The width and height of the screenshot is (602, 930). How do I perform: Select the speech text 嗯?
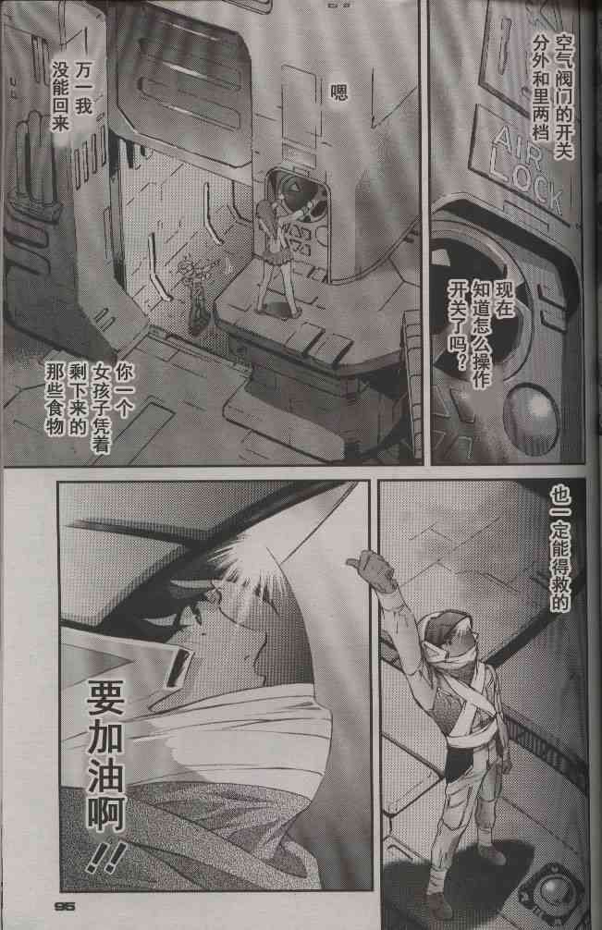339,92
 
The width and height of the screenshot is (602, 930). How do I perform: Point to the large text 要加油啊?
105,755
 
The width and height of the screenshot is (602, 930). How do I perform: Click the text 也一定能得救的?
559,548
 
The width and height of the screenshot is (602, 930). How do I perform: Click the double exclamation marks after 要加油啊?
106,856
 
